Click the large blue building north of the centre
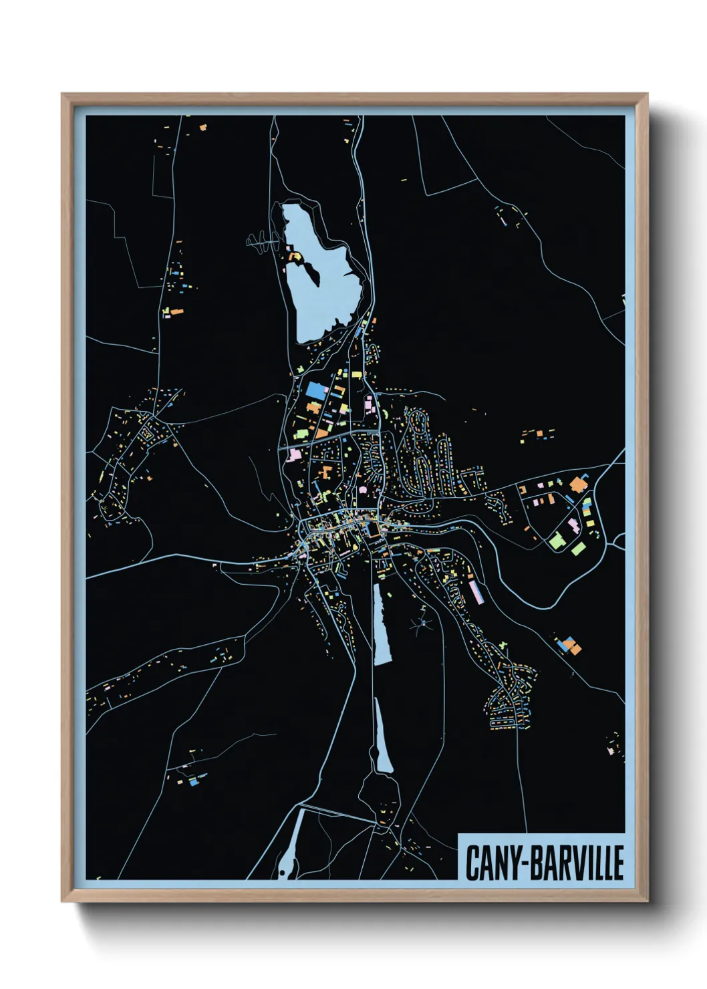pos(316,390)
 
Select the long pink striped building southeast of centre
pos(476,591)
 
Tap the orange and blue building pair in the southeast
pos(568,646)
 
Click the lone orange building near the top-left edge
pos(203,126)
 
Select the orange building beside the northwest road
pos(176,311)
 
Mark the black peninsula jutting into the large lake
pos(304,271)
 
